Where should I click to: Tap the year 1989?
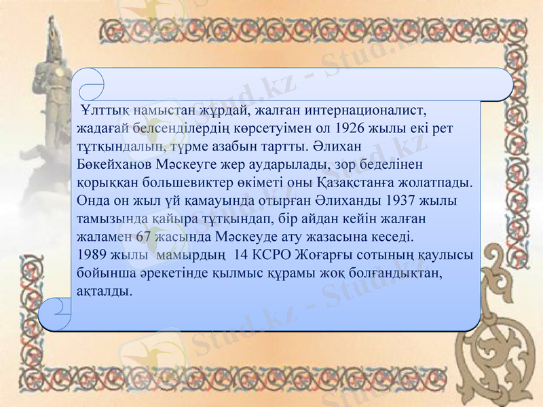point(92,256)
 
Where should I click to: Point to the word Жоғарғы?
point(319,256)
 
